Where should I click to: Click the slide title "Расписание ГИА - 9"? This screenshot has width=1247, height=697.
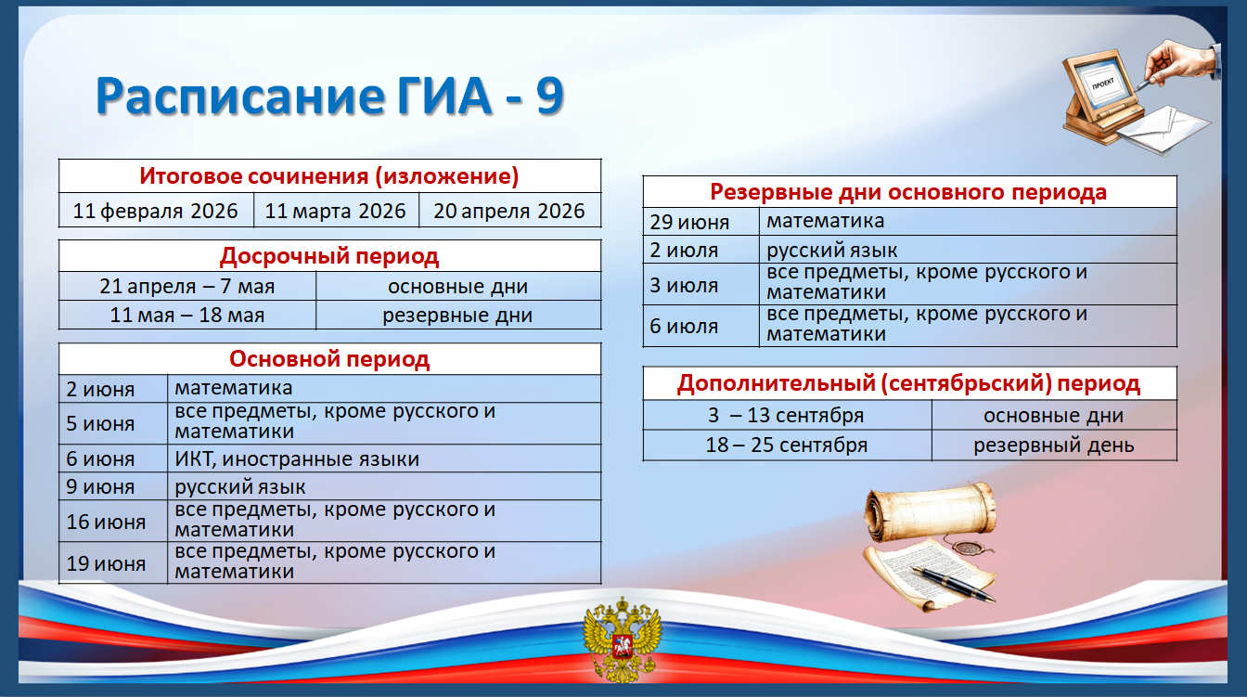pos(329,96)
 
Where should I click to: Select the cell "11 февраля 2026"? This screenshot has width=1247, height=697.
pos(155,211)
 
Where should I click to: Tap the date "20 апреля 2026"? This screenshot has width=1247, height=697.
pos(508,211)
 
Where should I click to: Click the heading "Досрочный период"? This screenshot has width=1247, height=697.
pos(329,256)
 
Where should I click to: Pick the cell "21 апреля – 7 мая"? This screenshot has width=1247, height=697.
pos(187,286)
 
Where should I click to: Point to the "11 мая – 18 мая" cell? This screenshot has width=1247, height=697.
pos(187,316)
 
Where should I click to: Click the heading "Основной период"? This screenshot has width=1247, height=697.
pos(329,359)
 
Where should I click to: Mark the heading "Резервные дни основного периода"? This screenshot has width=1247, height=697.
pos(908,192)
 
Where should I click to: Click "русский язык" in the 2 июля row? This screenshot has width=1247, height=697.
pos(831,250)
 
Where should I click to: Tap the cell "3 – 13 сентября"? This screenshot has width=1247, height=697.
pos(786,415)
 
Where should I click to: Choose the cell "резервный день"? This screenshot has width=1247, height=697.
pos(1054,445)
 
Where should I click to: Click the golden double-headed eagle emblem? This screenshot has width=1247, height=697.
pos(622,639)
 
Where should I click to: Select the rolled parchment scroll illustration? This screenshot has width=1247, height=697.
pos(931,510)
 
